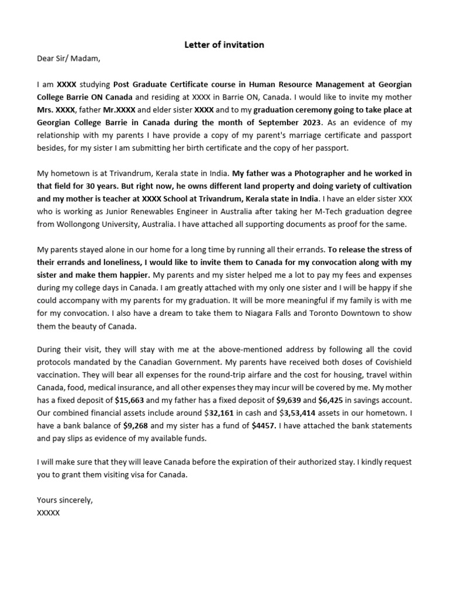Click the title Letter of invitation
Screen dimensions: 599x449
(224, 44)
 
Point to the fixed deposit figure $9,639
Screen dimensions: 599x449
(288, 400)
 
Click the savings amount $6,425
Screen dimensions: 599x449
(334, 400)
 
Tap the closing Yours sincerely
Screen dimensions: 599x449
(64, 500)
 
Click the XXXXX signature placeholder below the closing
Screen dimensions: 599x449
(49, 513)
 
